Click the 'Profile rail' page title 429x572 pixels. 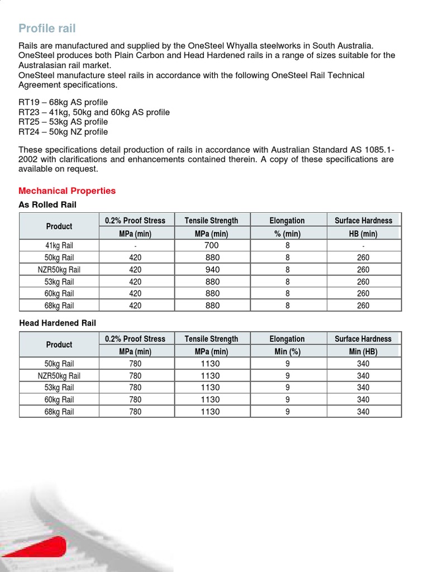pos(47,28)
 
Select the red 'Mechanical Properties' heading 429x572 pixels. pos(67,190)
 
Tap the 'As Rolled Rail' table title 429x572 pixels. pos(47,205)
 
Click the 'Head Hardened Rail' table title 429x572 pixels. pos(58,323)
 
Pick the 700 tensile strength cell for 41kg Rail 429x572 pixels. pos(212,245)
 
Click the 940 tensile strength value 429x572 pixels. pos(212,269)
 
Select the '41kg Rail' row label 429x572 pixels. pos(59,245)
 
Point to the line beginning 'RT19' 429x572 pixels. pos(63,102)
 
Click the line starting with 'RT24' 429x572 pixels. pos(63,132)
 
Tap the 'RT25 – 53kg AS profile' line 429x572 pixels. pos(63,122)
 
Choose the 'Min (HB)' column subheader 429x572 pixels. pos(363,351)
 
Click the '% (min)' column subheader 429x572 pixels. pos(287,233)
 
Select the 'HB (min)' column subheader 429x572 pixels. pos(363,233)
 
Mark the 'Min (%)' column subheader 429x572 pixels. pos(287,351)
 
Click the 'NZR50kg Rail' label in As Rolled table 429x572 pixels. pos(59,269)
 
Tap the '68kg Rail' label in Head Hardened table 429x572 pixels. pos(59,412)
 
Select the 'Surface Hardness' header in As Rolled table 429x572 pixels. pos(363,220)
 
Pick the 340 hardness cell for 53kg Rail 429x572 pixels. pos(363,387)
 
